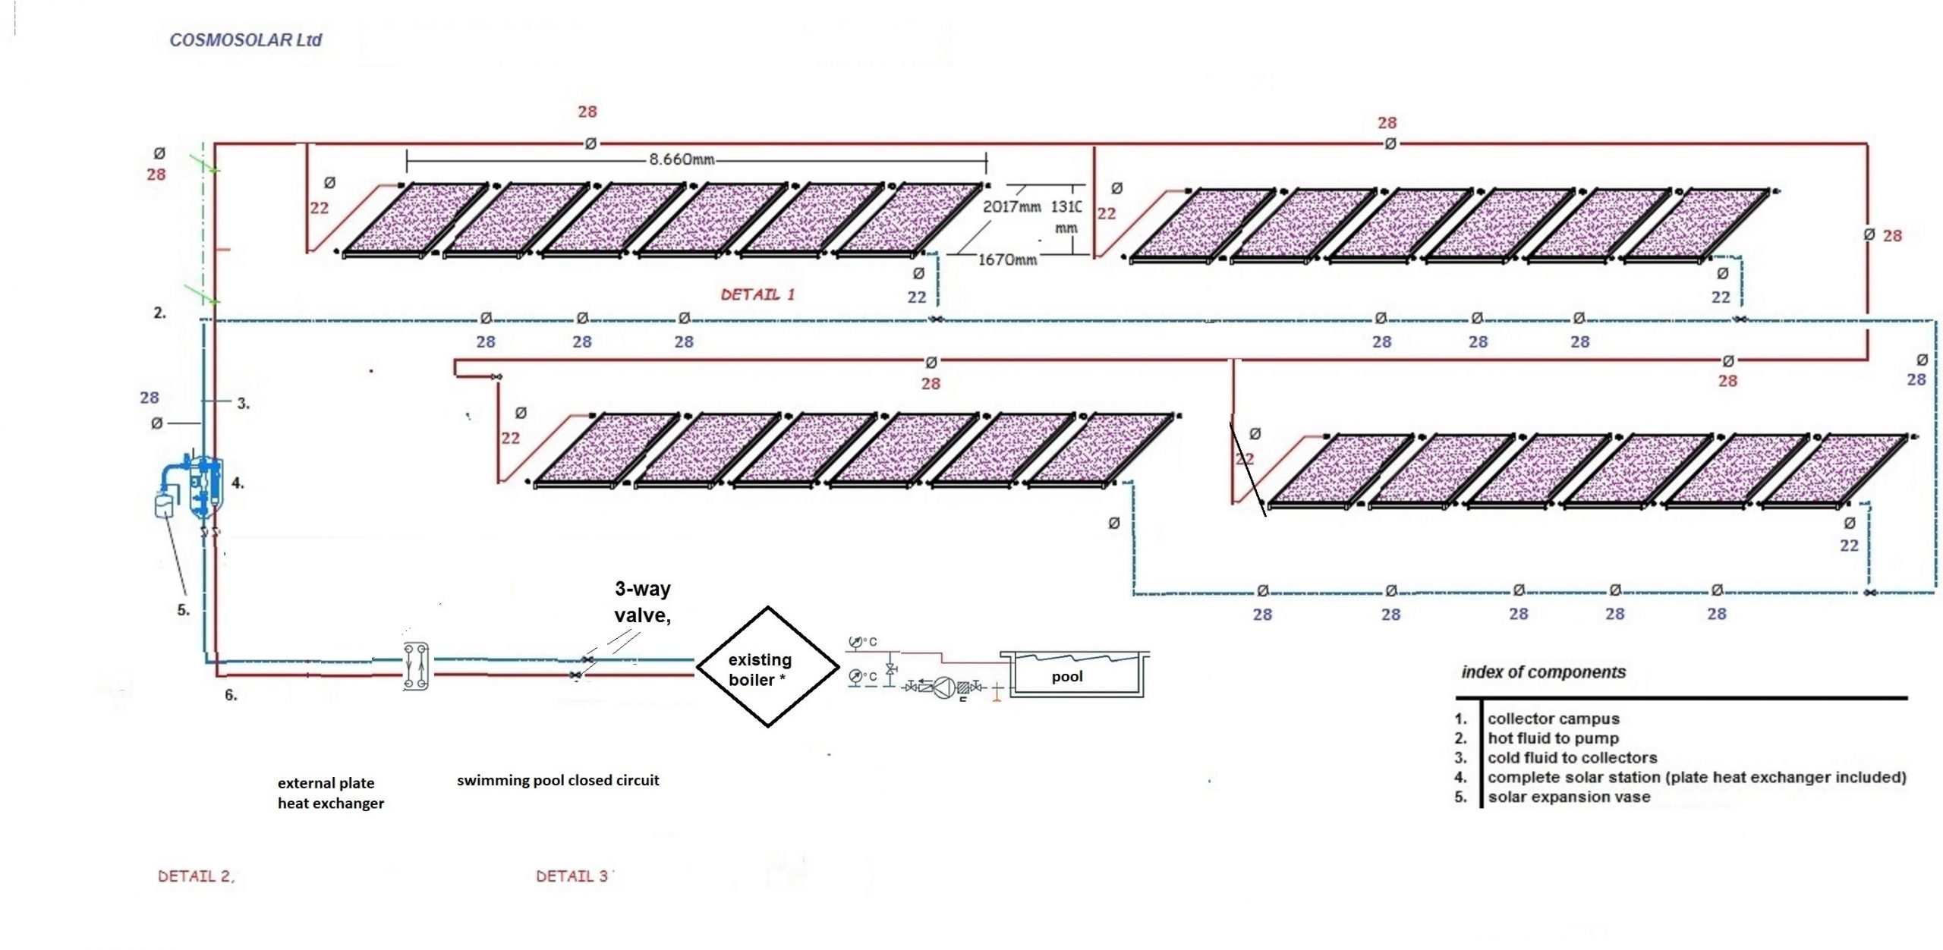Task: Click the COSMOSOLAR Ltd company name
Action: click(x=245, y=40)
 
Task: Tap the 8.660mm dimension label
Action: click(x=681, y=159)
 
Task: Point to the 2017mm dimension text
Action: click(x=1011, y=206)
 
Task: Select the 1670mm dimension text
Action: click(x=1007, y=260)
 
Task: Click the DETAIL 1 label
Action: click(x=757, y=294)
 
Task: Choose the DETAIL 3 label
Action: click(x=573, y=876)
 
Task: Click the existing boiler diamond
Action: click(x=767, y=667)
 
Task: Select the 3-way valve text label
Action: click(x=642, y=602)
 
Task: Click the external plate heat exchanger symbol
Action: click(x=416, y=666)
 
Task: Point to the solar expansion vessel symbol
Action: click(x=165, y=505)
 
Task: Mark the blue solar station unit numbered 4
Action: click(x=206, y=486)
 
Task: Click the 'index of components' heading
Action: click(x=1543, y=672)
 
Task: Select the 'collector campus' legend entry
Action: click(x=1553, y=719)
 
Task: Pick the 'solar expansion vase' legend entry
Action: click(x=1568, y=797)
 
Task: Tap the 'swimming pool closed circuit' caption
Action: click(x=558, y=780)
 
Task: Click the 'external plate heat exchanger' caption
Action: click(x=331, y=793)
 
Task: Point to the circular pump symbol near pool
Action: click(x=943, y=687)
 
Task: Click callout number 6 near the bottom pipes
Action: click(x=231, y=695)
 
